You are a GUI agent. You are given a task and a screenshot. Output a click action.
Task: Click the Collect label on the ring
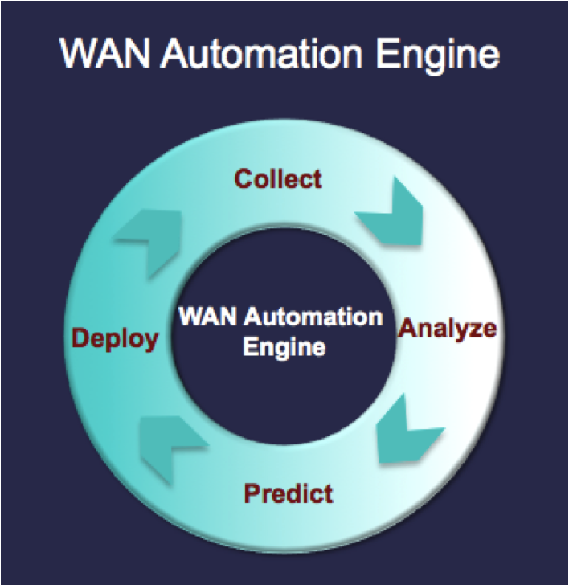[x=278, y=178]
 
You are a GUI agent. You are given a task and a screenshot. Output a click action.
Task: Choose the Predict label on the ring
[x=289, y=491]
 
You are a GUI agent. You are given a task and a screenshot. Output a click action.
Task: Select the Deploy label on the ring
[x=115, y=338]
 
